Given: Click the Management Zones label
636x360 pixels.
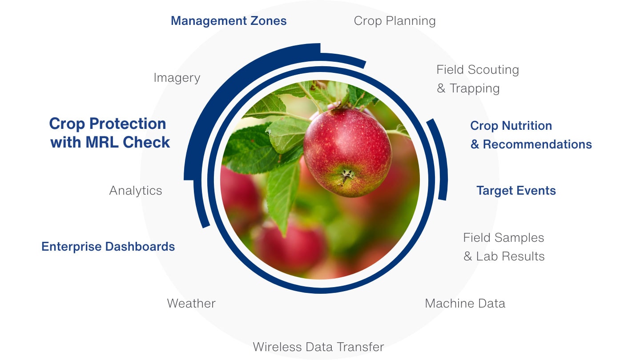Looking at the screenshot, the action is click(x=229, y=21).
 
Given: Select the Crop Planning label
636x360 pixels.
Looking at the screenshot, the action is click(x=394, y=21).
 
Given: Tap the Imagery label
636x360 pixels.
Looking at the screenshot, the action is click(x=177, y=78).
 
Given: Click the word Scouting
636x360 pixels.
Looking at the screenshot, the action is click(x=494, y=70).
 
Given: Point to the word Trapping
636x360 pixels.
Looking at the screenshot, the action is click(x=475, y=88).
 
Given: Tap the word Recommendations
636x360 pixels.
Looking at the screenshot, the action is click(x=537, y=144).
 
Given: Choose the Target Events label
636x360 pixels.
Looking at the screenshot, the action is click(x=516, y=191).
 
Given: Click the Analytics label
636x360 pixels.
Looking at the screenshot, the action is click(x=136, y=191).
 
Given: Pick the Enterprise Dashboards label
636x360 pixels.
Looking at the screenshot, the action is click(x=108, y=247).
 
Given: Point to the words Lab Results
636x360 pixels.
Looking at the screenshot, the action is click(x=510, y=256).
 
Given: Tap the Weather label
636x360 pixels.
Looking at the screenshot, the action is click(x=191, y=303).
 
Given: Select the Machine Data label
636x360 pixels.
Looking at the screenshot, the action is click(x=465, y=303).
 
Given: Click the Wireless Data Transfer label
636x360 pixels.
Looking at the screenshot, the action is click(x=318, y=347).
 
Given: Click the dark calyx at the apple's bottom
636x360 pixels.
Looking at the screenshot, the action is click(x=346, y=175).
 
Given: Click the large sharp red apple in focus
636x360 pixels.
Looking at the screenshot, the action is click(x=347, y=152).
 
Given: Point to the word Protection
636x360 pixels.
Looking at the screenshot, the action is click(x=128, y=124).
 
